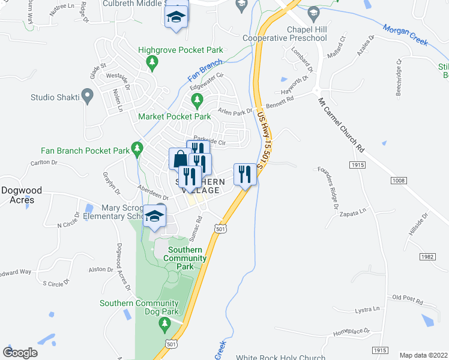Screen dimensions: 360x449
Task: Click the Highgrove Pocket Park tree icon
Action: pos(153,61)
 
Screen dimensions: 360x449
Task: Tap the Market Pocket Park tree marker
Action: pos(204,106)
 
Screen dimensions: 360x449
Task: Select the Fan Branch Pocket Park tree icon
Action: pos(138,147)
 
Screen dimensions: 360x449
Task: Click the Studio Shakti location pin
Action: pos(88,95)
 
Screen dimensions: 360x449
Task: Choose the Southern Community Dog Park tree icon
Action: pos(165,325)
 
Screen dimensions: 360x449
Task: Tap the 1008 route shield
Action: pos(398,181)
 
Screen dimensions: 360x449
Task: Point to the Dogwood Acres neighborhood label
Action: pos(21,195)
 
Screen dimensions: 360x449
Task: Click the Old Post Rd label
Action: pos(408,298)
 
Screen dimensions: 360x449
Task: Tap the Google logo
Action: pos(20,352)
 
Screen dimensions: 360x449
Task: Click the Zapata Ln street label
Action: pos(352,211)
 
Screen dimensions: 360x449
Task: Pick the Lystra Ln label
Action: pos(367,310)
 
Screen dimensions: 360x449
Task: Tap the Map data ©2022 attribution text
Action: pos(423,355)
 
